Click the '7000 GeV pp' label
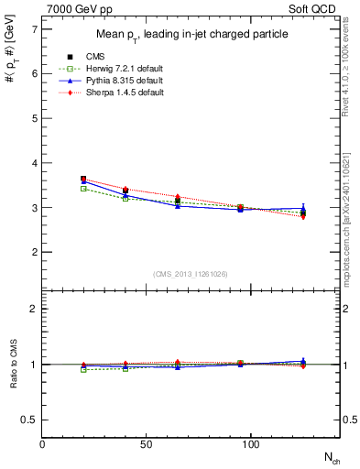pos(78,8)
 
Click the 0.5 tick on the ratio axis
pos(30,420)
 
